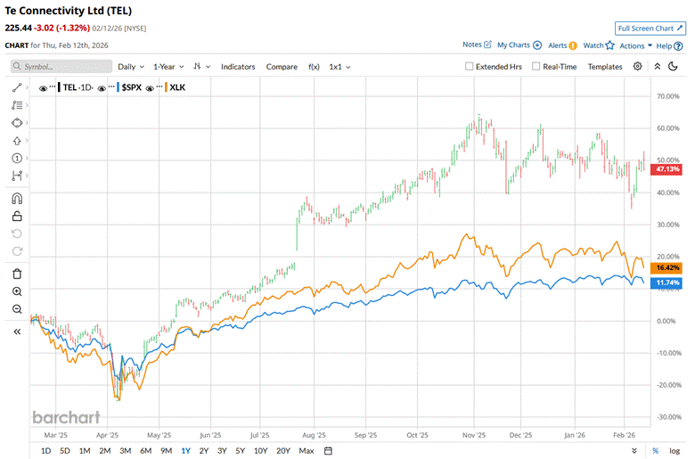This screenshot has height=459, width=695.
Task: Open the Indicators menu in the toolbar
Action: [238, 66]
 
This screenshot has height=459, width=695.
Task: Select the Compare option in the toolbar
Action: [282, 66]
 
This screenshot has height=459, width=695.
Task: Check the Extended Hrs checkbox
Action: [470, 66]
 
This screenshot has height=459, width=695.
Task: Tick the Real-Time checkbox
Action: [536, 66]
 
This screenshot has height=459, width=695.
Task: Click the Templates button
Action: [605, 66]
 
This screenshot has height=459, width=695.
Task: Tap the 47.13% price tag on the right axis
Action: [668, 168]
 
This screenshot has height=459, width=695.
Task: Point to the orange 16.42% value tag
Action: [668, 267]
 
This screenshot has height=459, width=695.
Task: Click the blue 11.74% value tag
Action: [668, 283]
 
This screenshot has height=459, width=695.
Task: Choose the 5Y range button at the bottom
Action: [241, 451]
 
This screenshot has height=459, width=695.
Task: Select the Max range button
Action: [307, 451]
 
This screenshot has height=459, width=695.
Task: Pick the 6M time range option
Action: [145, 451]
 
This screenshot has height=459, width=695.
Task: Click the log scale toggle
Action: [675, 451]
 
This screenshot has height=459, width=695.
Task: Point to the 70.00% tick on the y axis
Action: [668, 95]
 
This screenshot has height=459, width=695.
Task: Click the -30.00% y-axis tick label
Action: [668, 417]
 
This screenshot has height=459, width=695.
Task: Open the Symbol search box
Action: [62, 66]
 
